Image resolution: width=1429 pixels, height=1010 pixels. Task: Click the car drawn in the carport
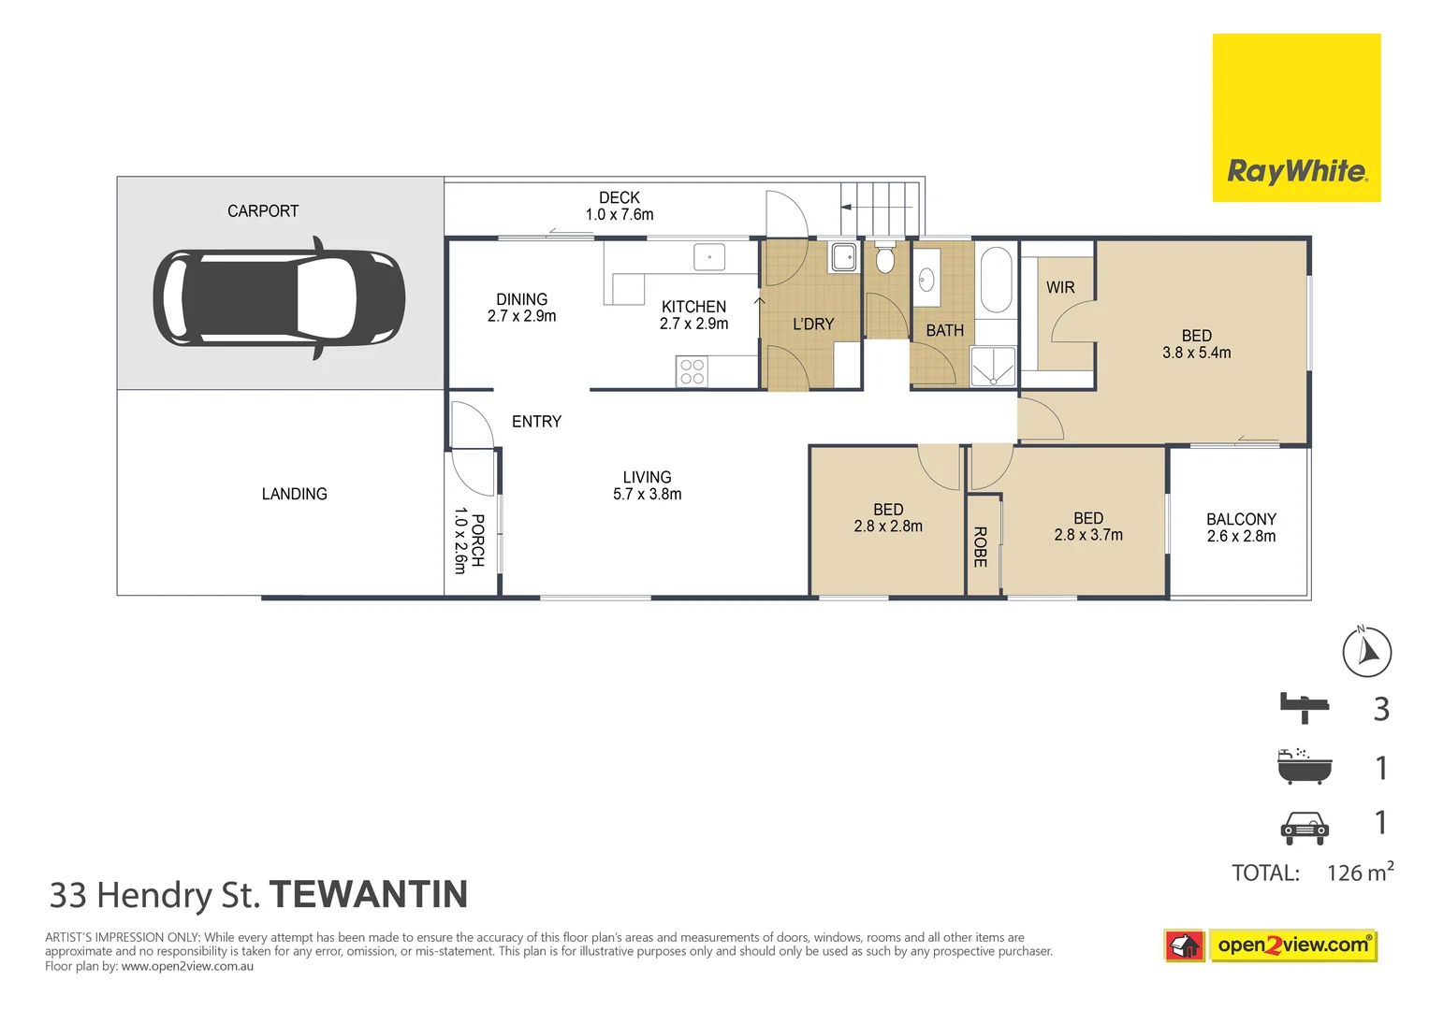279,297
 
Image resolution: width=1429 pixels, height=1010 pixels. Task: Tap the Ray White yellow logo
1296,118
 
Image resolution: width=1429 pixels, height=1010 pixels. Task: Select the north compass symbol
1366,652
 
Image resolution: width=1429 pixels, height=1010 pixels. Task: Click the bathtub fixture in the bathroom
996,280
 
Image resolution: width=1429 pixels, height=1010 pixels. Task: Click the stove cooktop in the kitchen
693,371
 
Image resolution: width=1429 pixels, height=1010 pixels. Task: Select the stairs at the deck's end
881,209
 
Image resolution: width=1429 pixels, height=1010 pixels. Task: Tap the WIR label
1060,287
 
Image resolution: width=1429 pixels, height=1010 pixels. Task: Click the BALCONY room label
1241,519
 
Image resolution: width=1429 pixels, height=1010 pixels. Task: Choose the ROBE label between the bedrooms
981,547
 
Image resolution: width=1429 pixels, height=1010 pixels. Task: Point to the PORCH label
477,541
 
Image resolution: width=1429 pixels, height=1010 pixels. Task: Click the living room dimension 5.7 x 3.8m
647,494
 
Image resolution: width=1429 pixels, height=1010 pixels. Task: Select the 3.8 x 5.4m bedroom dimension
1196,353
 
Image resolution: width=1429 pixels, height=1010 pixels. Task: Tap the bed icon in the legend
1305,707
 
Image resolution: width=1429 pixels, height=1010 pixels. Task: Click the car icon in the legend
1305,827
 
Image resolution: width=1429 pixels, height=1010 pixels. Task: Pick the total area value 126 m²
1359,873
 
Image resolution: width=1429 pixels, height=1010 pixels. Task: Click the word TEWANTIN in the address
368,895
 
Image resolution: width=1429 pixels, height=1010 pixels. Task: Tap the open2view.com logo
1291,945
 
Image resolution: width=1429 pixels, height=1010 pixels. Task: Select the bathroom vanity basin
926,279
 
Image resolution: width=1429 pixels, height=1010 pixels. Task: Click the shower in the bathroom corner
993,367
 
